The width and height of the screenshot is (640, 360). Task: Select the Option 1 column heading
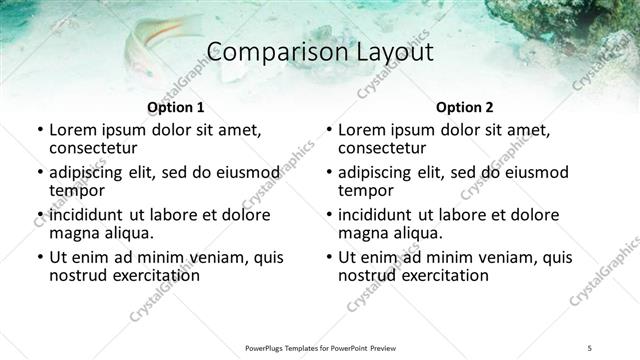click(176, 107)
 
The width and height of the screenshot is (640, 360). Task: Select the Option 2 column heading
click(465, 107)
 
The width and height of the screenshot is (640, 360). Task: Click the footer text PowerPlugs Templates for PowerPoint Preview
click(319, 346)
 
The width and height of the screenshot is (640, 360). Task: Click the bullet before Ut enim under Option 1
click(39, 258)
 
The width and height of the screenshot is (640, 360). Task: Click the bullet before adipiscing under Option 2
click(328, 172)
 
